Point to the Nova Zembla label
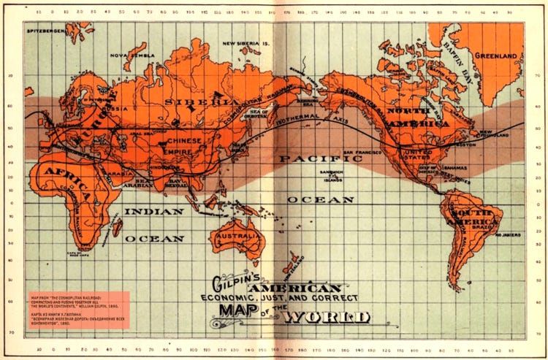pos(129,55)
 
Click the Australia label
pos(235,237)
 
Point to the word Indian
pos(153,210)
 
